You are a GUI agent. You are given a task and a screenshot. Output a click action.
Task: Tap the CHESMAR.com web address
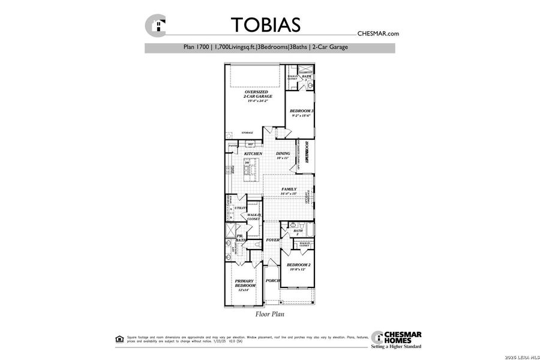[x=378, y=34]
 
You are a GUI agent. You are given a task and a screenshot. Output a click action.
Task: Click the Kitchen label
[x=253, y=154]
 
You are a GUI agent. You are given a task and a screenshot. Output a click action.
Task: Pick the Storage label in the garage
[x=247, y=133]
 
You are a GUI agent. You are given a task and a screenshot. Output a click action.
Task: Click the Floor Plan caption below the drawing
[x=269, y=313]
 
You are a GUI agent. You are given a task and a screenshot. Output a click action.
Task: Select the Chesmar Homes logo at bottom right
[x=396, y=339]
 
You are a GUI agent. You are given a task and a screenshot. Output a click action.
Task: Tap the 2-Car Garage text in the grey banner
[x=329, y=47]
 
